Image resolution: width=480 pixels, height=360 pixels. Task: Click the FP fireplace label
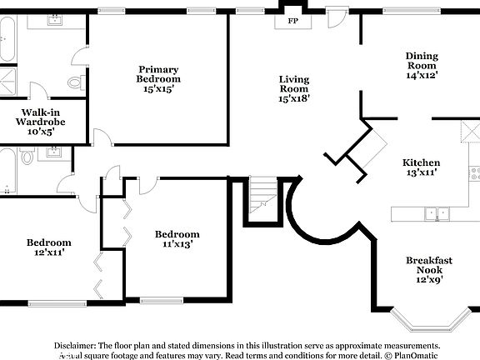click(292, 20)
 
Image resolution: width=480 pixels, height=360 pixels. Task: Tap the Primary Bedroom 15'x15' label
click(158, 74)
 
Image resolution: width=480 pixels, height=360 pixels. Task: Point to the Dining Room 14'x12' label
click(421, 65)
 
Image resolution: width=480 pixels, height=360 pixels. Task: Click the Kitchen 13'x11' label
click(421, 167)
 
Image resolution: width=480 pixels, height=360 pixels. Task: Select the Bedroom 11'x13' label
click(177, 239)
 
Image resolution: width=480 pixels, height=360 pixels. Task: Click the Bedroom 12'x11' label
click(48, 247)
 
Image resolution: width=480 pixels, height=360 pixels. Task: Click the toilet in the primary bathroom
click(74, 82)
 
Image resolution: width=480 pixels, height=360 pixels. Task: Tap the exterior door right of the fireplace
click(337, 18)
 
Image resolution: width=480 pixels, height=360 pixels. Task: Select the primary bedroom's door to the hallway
click(102, 138)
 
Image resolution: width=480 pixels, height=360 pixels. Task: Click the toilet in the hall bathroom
click(27, 157)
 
